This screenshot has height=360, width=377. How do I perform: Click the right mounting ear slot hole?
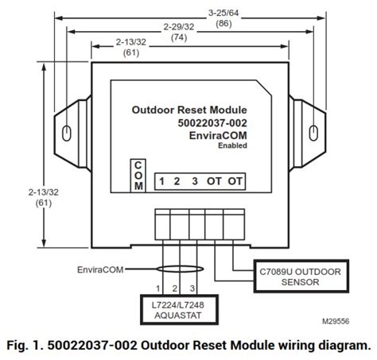(316, 132)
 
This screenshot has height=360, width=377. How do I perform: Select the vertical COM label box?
(138, 175)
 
